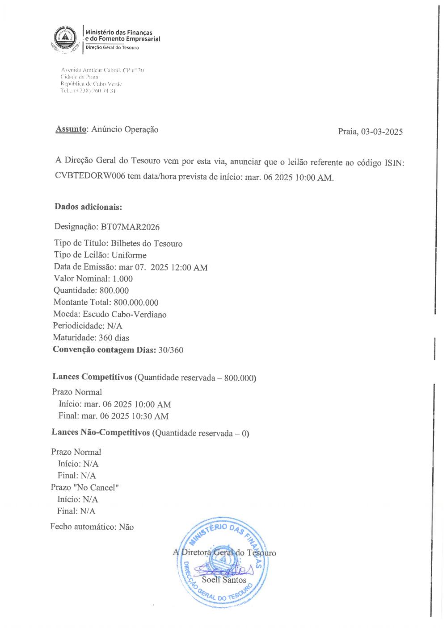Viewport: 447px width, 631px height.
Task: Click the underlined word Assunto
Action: coord(71,129)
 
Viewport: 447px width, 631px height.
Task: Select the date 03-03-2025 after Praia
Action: coord(382,132)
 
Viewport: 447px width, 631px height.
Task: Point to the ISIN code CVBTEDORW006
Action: coord(90,176)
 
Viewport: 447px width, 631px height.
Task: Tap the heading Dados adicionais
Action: coord(88,207)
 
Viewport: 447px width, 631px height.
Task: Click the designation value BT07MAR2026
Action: coord(130,227)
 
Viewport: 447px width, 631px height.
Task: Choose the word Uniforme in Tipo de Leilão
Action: coord(129,255)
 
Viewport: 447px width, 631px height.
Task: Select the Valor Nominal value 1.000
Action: coord(122,279)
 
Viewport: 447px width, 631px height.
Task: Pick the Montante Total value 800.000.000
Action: coord(136,303)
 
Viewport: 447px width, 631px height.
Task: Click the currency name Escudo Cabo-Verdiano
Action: coord(124,315)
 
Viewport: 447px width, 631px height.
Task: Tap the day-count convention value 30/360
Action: coord(171,350)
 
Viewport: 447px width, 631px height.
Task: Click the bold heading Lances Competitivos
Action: coord(92,377)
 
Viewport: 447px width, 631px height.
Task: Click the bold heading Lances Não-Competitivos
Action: coord(101,432)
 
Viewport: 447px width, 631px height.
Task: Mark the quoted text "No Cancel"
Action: coord(96,488)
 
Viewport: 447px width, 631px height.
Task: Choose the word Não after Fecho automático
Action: coord(126,527)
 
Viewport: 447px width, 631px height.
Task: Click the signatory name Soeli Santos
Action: coord(224,580)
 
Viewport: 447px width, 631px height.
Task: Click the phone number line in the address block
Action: coord(88,91)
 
